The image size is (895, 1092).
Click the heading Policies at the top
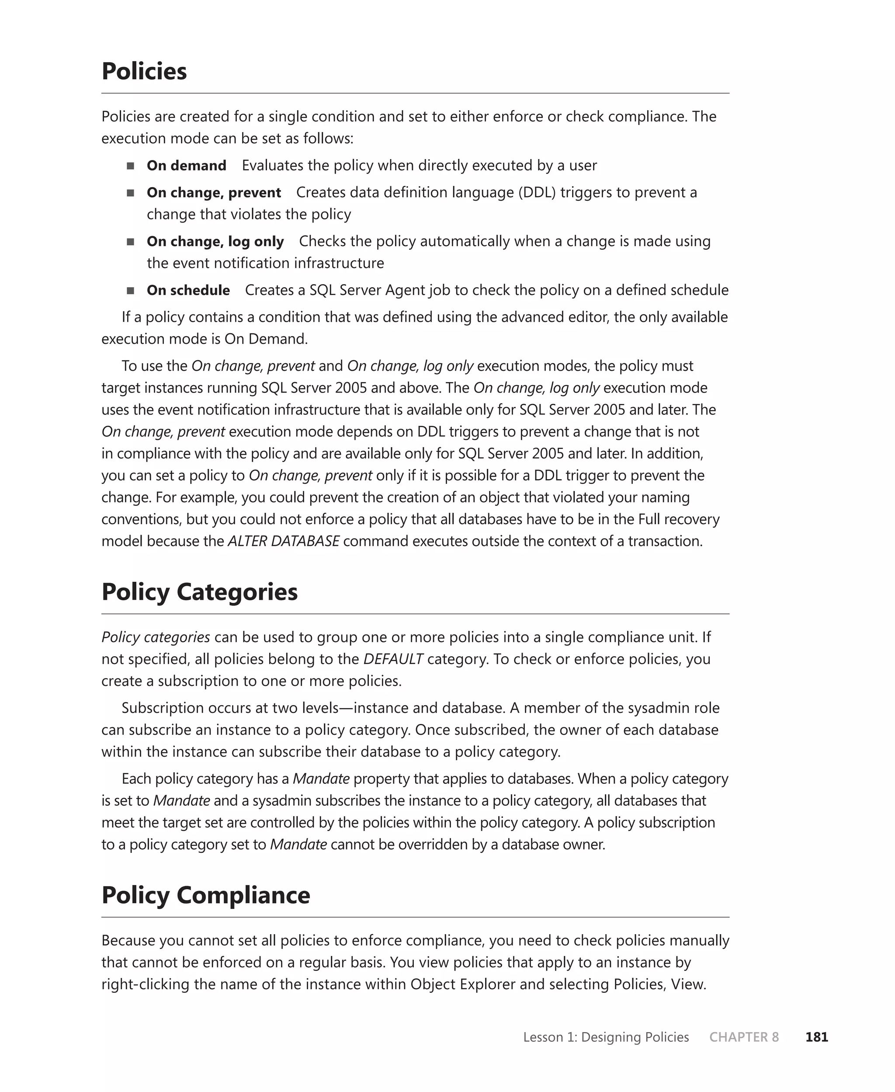(x=144, y=71)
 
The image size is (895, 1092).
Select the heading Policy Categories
(x=200, y=591)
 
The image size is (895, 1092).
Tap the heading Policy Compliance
(x=206, y=894)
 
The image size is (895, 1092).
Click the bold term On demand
(x=186, y=166)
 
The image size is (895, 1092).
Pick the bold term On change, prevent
(x=213, y=192)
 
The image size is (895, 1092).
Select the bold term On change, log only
(x=215, y=241)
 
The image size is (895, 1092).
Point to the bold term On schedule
(x=188, y=290)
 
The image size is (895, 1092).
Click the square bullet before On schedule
(x=130, y=291)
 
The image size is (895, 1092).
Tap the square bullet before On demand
(x=130, y=166)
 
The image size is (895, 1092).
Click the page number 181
(x=816, y=1037)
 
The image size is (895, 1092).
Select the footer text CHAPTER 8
(x=743, y=1037)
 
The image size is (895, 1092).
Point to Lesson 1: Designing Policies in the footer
(x=606, y=1037)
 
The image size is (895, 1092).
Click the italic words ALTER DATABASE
(x=284, y=541)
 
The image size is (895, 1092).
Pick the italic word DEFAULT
(x=393, y=659)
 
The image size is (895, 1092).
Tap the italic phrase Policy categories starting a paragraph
(x=156, y=637)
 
